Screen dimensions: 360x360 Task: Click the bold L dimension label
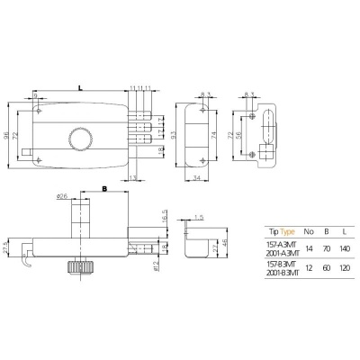[80, 86]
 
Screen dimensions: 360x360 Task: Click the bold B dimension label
[104, 190]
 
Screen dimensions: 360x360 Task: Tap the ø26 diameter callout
[62, 195]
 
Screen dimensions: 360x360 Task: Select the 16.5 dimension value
[164, 218]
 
